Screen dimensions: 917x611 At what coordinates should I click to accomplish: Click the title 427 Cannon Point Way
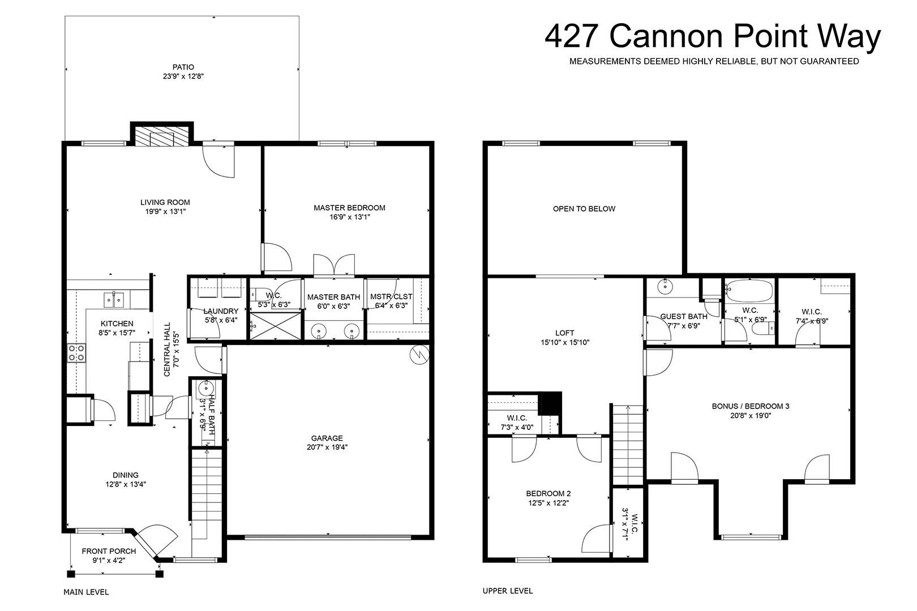click(712, 37)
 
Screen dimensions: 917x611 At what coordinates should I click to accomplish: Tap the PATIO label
click(183, 67)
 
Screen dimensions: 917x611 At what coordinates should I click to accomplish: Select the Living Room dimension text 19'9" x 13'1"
click(165, 212)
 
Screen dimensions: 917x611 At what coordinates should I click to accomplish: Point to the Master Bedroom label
click(349, 208)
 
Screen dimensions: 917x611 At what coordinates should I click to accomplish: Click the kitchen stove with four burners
click(76, 353)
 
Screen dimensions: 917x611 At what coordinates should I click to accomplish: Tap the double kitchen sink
click(114, 300)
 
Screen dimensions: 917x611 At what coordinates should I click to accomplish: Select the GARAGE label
click(327, 438)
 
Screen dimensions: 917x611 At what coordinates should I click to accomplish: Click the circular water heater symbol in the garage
click(419, 355)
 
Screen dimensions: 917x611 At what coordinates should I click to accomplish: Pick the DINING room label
click(126, 475)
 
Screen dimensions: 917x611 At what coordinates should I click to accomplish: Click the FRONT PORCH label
click(109, 551)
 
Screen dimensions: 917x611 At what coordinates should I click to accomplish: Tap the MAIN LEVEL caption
click(86, 592)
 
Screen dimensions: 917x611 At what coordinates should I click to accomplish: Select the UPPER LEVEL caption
click(508, 591)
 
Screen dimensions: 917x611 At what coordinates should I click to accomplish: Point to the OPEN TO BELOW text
click(584, 209)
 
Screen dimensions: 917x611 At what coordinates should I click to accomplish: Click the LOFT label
click(564, 333)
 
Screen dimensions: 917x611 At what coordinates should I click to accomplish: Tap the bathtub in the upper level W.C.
click(749, 291)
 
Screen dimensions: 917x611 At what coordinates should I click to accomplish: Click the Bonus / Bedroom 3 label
click(751, 406)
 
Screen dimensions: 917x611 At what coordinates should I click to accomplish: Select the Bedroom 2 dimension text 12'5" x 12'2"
click(549, 503)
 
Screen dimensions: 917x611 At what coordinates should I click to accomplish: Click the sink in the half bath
click(205, 388)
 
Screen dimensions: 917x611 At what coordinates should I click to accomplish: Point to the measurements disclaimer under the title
click(714, 62)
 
